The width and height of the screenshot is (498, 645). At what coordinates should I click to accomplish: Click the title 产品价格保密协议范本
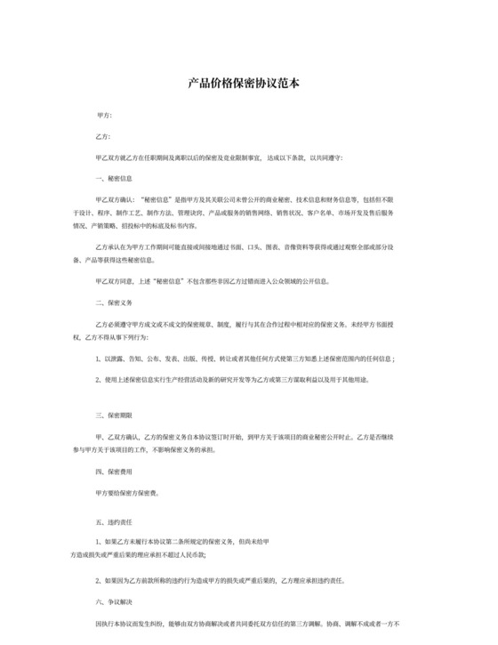[x=248, y=83]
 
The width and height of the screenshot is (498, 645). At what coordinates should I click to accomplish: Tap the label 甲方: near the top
[x=104, y=117]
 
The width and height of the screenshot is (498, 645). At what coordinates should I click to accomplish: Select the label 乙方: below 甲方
[x=104, y=137]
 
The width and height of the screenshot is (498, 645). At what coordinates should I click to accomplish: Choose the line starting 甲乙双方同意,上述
[x=213, y=281]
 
